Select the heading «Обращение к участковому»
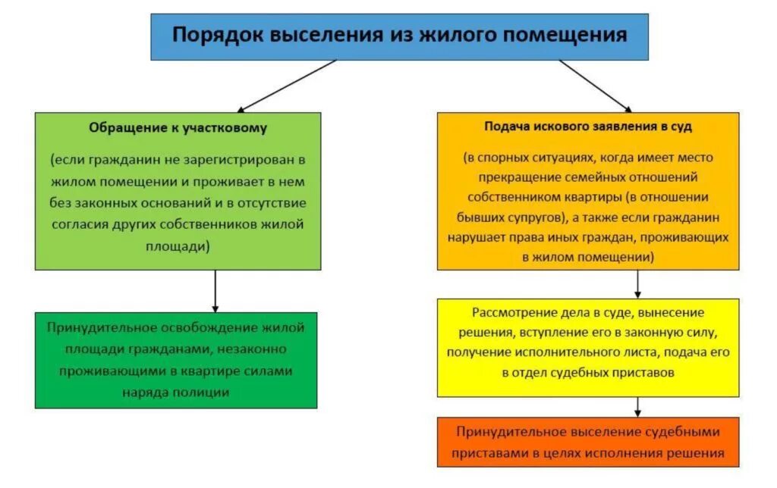(x=178, y=128)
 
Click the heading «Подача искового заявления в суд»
(x=588, y=127)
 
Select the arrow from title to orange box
(x=595, y=86)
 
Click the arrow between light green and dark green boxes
(x=215, y=291)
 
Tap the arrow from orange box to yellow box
(x=637, y=284)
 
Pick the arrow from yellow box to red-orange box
(x=637, y=407)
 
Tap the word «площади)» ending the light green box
(x=178, y=246)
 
